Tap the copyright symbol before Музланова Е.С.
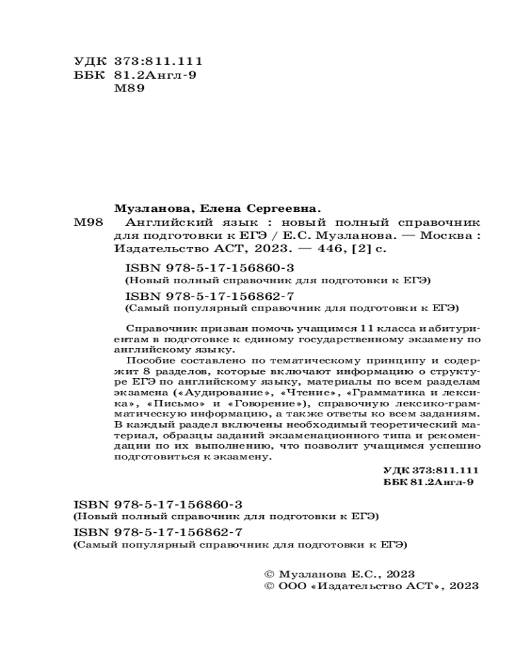[x=268, y=573]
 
